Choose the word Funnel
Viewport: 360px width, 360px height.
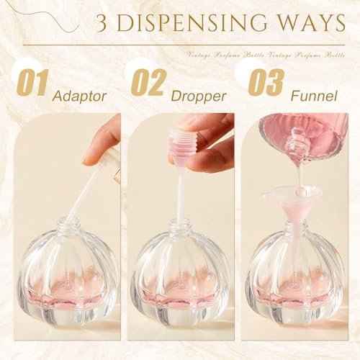coord(313,94)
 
